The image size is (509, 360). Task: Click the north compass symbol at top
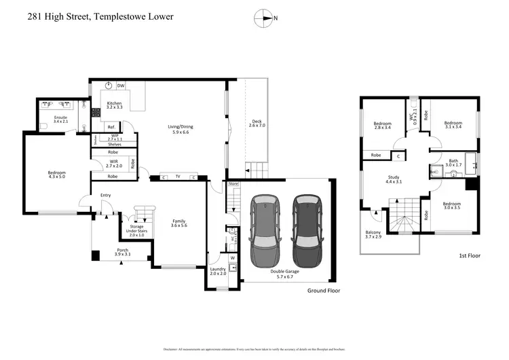pos(264,18)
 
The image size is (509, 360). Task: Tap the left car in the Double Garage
pos(264,231)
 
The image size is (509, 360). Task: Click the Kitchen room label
pos(114,105)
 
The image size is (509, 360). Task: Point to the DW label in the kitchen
pos(120,86)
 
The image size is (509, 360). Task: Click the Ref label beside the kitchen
pos(111,127)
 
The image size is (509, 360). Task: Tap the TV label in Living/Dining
pos(178,177)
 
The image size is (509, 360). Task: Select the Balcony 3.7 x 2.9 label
pos(374,233)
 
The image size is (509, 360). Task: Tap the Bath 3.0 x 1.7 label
pos(453,162)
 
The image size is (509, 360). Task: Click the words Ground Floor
pos(322,291)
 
